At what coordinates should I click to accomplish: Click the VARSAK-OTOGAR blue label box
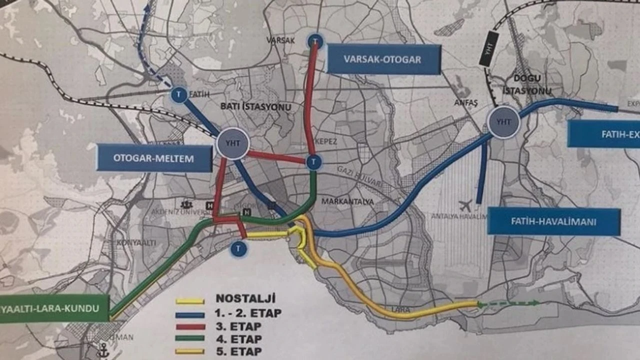[383, 59]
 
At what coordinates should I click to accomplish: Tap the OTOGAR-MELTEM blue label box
[154, 158]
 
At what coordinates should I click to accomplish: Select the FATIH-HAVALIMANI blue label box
[554, 221]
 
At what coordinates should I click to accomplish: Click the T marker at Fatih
[178, 94]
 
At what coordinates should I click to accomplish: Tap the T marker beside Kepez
[313, 161]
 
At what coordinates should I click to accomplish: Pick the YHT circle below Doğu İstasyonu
[503, 121]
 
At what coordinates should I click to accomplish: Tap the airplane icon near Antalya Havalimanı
[465, 205]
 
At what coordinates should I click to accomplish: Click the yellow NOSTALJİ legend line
[190, 301]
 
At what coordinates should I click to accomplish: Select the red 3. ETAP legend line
[190, 327]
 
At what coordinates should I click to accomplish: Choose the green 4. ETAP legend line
[190, 338]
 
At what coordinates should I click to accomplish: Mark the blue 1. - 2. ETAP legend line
[190, 315]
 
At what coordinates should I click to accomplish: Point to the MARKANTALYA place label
[347, 201]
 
